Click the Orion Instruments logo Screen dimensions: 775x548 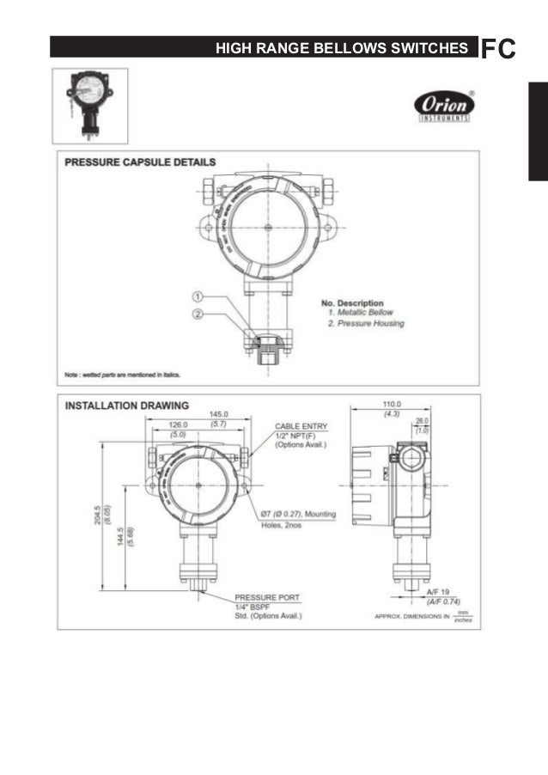443,107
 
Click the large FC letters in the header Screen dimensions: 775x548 499,48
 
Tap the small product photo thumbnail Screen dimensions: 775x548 89,105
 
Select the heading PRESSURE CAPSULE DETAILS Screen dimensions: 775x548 140,162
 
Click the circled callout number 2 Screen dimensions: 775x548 197,314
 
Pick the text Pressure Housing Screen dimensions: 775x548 369,324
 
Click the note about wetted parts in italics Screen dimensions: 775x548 122,375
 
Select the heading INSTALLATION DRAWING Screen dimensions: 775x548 128,406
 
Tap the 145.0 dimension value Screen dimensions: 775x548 218,414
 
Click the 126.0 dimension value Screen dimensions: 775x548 178,424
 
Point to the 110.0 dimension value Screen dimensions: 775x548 392,404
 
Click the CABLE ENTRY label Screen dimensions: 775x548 300,425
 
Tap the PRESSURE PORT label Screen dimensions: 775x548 263,596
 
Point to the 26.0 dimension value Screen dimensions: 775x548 422,421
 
